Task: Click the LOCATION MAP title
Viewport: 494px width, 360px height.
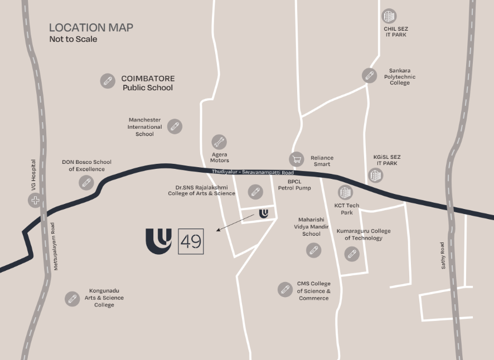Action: pyautogui.click(x=91, y=27)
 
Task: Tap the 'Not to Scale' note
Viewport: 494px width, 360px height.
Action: pyautogui.click(x=73, y=39)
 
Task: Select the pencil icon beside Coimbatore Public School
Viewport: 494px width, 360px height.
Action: pyautogui.click(x=108, y=81)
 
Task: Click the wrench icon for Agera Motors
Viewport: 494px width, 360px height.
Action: pyautogui.click(x=219, y=142)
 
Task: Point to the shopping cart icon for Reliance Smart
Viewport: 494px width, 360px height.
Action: pyautogui.click(x=297, y=159)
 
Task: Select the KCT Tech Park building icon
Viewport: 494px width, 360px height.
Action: pyautogui.click(x=346, y=193)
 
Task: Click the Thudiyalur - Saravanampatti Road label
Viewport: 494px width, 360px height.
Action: pyautogui.click(x=253, y=173)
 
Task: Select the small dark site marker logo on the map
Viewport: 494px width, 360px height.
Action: pyautogui.click(x=264, y=213)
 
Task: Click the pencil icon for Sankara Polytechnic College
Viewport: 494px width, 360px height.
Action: pyautogui.click(x=369, y=75)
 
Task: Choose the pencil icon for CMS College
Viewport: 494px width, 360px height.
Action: pyautogui.click(x=285, y=289)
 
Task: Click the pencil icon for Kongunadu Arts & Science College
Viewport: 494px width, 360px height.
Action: pyautogui.click(x=71, y=299)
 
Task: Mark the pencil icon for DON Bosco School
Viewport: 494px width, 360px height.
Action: pyautogui.click(x=86, y=182)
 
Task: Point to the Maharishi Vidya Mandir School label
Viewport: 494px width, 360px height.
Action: pyautogui.click(x=311, y=227)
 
